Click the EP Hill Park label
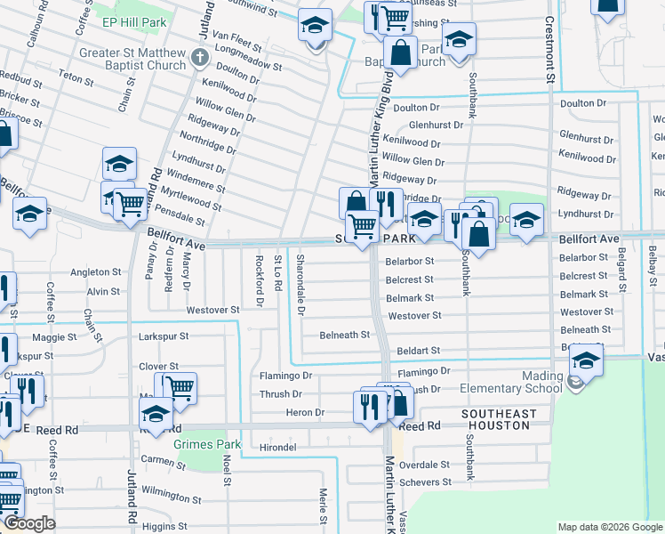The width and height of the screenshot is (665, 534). coord(134,20)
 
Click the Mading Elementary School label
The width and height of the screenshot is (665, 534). coord(512,382)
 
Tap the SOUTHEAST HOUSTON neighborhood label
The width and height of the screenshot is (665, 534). coord(499,420)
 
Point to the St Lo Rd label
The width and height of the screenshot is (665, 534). coord(277,274)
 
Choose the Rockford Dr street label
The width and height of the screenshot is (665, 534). coord(259,280)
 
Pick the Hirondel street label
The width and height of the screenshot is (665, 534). coord(276,447)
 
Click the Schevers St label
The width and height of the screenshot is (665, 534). coord(426,482)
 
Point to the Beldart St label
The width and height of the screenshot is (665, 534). coord(420,352)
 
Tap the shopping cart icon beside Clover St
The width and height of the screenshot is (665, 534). coord(180,387)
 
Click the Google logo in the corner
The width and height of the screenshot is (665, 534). coord(29,524)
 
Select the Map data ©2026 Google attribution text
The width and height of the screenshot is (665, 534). coord(610,527)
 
